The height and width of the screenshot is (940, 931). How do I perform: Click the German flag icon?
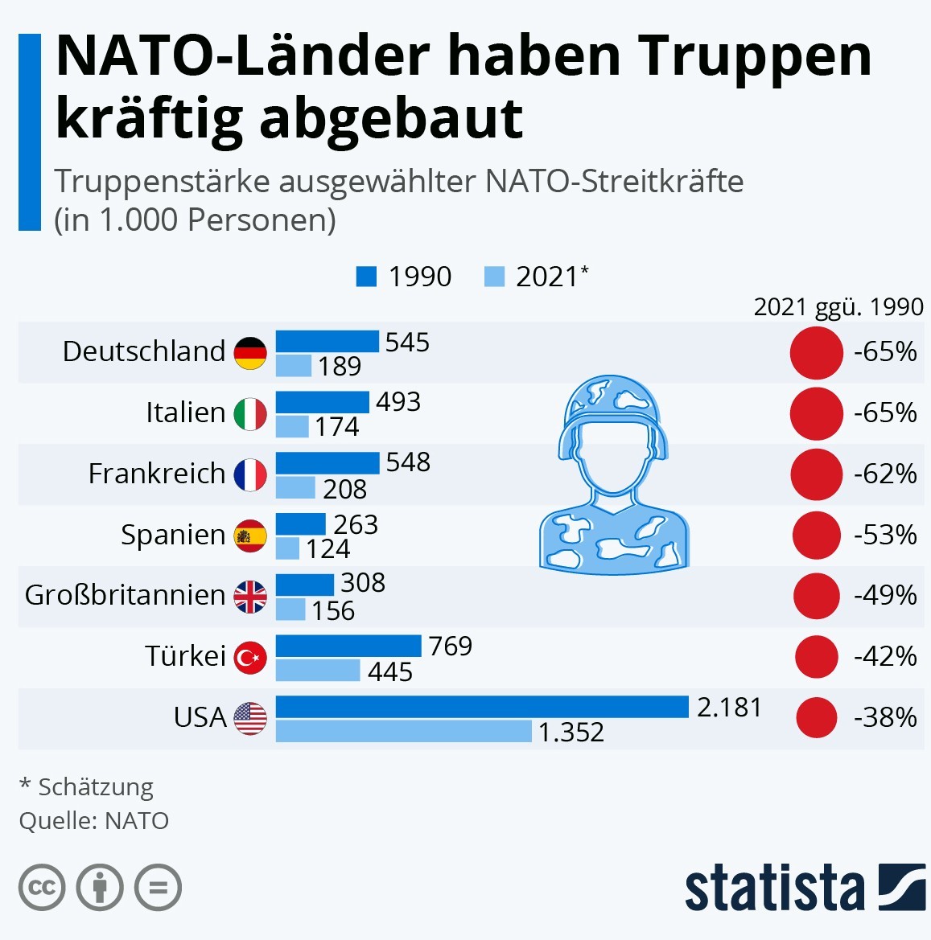(x=250, y=353)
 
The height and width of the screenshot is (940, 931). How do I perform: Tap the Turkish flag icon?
(x=250, y=658)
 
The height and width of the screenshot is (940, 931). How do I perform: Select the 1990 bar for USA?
(x=482, y=707)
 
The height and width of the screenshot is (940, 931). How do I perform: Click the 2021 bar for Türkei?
(x=318, y=671)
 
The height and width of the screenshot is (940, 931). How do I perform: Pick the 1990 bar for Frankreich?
(x=327, y=463)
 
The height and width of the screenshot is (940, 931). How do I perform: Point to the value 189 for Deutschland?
(x=340, y=367)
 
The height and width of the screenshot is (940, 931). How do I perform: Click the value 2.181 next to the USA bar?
(x=730, y=708)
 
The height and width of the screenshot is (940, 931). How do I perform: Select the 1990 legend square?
(x=366, y=277)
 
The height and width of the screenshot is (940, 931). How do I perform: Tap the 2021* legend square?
(x=494, y=277)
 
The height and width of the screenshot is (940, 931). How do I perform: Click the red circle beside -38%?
(x=817, y=717)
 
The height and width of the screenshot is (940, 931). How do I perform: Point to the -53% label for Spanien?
(x=885, y=535)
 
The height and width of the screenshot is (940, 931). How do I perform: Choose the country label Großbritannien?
(x=125, y=595)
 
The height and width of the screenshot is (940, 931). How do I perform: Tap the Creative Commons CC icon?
(x=41, y=888)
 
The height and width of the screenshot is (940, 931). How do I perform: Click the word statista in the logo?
(x=775, y=887)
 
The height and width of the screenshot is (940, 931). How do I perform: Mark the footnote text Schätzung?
(x=96, y=788)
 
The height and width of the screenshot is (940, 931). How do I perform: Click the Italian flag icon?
(x=250, y=414)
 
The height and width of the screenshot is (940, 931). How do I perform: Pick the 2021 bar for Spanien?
(x=287, y=548)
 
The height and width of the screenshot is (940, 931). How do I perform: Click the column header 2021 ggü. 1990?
(x=838, y=307)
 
